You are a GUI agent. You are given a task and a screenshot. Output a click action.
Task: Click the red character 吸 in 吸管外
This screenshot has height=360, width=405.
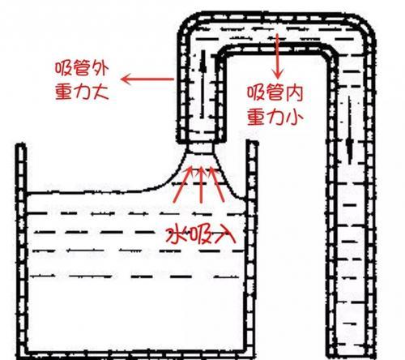point(64,69)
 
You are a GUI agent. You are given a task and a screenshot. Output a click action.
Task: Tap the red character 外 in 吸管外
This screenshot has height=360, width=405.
point(100,69)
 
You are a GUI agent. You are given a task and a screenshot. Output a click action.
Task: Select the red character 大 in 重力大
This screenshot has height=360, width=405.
point(100,92)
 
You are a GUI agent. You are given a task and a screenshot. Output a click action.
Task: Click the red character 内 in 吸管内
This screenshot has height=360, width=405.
point(293,93)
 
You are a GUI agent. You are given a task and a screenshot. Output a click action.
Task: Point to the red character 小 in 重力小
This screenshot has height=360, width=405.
point(294,117)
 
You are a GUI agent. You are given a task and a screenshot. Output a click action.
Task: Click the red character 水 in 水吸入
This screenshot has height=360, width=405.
point(175,234)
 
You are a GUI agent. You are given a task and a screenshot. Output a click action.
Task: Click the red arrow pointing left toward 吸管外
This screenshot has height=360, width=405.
point(147,79)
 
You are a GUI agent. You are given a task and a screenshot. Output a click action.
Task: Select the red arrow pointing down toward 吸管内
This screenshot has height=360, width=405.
point(277,56)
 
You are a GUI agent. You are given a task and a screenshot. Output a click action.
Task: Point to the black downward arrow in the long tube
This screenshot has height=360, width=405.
point(350,131)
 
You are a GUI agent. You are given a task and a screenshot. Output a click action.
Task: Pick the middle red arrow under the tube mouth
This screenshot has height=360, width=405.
point(201,185)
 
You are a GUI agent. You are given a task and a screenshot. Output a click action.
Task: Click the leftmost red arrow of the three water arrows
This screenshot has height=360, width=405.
point(183,184)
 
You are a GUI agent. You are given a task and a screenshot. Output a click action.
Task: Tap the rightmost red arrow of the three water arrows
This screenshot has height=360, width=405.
point(217,185)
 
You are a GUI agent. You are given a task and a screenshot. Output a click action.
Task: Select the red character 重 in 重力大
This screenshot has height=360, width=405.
point(64,92)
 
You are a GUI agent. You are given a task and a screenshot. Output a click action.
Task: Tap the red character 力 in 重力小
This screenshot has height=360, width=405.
point(275,117)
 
